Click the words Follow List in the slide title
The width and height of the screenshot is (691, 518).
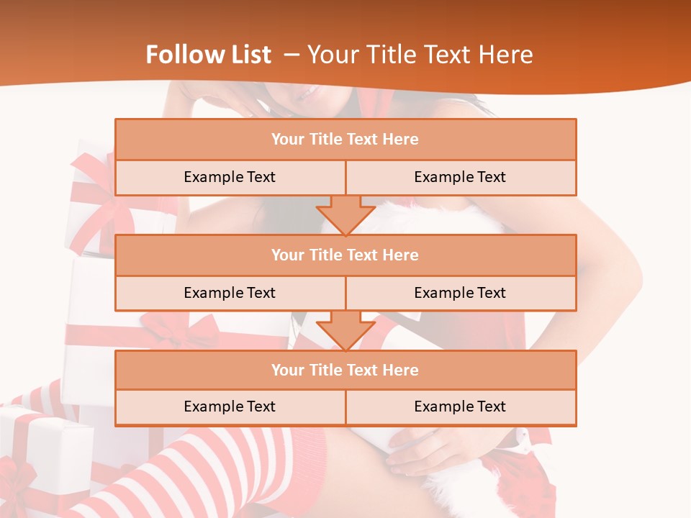tap(209, 55)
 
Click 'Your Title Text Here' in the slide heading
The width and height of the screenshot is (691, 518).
tap(420, 55)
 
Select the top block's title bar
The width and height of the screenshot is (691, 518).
tap(345, 140)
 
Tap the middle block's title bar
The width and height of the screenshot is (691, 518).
tap(345, 255)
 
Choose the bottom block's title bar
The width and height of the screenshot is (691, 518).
tap(345, 370)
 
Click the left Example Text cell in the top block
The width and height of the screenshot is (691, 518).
tap(230, 177)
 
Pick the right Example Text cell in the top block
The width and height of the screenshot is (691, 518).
tap(461, 177)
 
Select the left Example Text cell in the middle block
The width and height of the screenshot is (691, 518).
tap(230, 293)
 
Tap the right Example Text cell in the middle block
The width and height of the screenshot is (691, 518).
tap(461, 293)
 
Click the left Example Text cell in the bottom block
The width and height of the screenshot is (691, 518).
tap(230, 406)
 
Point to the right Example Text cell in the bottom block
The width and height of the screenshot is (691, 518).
tap(461, 406)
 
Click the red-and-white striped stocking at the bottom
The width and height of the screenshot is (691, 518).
tap(216, 468)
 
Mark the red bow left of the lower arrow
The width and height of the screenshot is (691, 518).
tap(180, 331)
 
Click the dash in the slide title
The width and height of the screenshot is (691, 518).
tap(292, 55)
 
